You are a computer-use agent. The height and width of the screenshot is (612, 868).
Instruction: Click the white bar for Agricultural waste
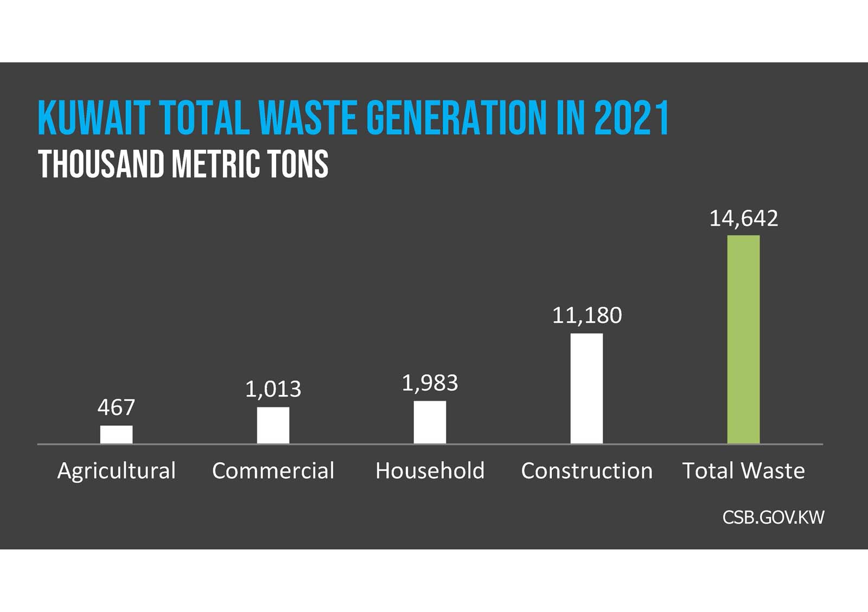coord(116,435)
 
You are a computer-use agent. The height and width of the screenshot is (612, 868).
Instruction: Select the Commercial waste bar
coord(273,425)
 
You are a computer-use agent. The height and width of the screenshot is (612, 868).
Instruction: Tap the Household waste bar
coord(430,422)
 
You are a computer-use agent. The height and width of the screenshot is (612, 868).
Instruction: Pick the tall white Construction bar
coord(586,388)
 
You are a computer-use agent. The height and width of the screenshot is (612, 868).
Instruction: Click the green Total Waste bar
coord(743,340)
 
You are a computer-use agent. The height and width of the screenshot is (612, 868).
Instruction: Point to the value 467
coord(116,407)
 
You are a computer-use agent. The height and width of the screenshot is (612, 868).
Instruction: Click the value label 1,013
coord(273,389)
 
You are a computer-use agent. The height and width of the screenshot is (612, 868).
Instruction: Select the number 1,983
coord(430,383)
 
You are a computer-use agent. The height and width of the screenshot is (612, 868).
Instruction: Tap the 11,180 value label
coord(586,315)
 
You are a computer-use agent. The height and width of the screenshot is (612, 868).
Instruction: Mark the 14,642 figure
coord(743,218)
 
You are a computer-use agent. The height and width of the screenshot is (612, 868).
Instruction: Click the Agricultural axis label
coord(116,470)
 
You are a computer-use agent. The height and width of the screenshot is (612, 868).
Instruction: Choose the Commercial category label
coord(273,470)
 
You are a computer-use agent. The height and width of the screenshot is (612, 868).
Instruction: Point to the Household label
coord(430,470)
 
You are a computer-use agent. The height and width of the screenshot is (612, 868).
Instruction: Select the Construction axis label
coord(586,470)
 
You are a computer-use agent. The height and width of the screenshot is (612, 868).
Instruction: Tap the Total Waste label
coord(743,470)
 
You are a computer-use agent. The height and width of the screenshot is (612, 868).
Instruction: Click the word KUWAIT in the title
coord(93,118)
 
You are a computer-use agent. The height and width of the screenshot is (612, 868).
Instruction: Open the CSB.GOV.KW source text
coord(773,517)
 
